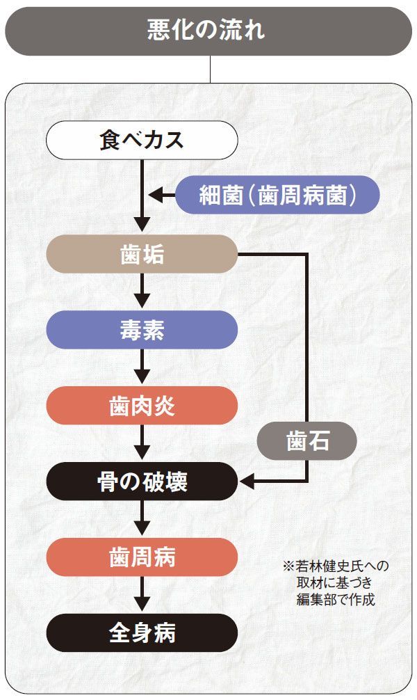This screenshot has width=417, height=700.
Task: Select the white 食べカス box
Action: pos(142,140)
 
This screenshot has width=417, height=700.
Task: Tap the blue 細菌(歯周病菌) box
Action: pos(277,196)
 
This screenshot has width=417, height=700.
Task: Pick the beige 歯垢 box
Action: pos(142,254)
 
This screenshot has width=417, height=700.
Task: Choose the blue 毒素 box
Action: pos(142,330)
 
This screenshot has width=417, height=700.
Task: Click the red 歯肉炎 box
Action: pos(142,406)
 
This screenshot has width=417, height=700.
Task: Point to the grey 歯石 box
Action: pos(306,441)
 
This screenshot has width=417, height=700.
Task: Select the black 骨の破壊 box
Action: pos(142,482)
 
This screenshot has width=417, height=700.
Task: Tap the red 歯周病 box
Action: pos(142,557)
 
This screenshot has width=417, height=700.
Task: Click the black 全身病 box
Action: pos(142,633)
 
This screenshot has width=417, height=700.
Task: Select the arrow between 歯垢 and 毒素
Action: pos(142,292)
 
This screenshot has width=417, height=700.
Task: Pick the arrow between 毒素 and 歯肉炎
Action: pos(142,367)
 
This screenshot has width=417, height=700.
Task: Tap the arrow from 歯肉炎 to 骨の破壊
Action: pos(142,443)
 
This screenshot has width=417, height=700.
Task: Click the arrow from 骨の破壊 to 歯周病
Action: pos(142,519)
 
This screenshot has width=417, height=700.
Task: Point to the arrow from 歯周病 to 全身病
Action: pos(142,595)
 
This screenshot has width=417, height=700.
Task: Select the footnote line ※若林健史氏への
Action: pos(335,566)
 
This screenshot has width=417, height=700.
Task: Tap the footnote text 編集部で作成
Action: pos(335,600)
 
